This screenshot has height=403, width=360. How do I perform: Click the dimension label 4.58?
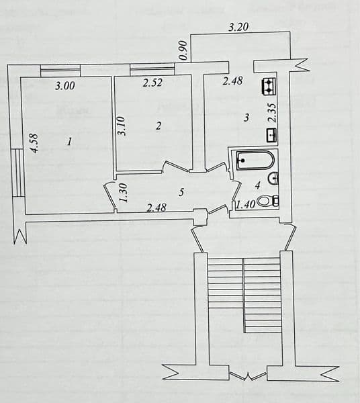35,144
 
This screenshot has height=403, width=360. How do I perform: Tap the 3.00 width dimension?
65,86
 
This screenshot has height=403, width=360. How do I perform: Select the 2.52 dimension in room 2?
152,83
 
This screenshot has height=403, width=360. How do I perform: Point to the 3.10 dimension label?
121,126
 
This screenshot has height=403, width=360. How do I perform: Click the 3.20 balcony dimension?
238,27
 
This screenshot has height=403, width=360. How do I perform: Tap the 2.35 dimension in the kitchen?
272,113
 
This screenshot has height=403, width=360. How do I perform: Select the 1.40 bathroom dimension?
246,205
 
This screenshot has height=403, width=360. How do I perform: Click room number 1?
69,142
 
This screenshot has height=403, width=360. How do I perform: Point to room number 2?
159,126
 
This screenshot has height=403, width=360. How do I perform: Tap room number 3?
246,118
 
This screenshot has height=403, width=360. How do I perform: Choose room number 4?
258,185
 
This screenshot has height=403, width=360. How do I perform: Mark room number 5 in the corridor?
181,192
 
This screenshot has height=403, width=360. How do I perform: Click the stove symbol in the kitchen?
269,86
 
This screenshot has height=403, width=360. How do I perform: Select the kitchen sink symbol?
272,135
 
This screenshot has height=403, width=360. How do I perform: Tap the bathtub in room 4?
255,161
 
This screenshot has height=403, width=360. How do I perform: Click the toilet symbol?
268,201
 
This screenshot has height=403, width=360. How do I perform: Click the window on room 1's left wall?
17,173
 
